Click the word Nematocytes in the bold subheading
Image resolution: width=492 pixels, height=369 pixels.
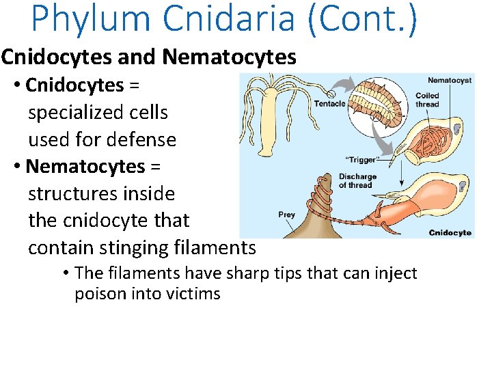point(237,57)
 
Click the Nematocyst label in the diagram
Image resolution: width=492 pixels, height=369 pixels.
point(450,81)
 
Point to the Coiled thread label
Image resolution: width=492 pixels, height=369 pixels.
point(427,100)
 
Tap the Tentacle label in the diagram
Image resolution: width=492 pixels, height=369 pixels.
point(329,104)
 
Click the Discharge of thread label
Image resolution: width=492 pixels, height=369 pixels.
point(357,180)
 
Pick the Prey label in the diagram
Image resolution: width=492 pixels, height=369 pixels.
point(287,215)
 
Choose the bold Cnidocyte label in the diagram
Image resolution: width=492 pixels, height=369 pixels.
point(450,232)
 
